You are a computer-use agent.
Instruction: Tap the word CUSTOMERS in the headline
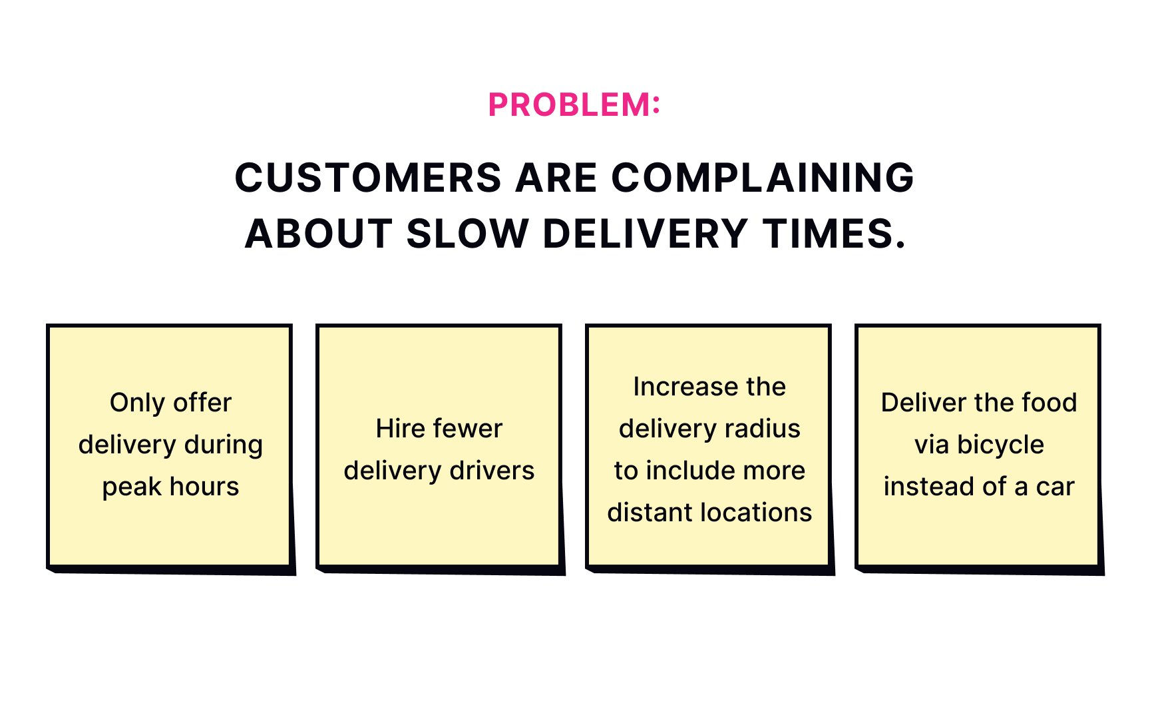[x=368, y=178]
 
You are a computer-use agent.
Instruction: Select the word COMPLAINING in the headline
[x=763, y=178]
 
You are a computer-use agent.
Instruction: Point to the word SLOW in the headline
[x=467, y=234]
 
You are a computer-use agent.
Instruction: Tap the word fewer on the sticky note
[x=468, y=429]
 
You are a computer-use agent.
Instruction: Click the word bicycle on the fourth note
[x=1000, y=445]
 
